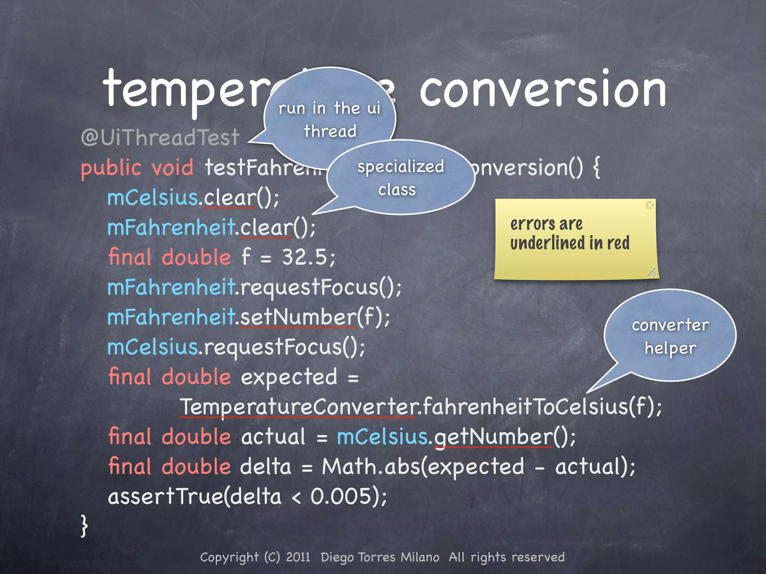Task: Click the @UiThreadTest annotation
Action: (160, 138)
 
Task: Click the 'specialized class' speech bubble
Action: (400, 178)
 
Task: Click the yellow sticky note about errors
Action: (576, 239)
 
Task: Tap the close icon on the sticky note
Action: (650, 205)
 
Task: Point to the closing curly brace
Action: (85, 525)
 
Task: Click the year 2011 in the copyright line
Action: (298, 557)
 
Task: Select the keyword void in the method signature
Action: (172, 167)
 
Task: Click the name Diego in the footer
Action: (337, 557)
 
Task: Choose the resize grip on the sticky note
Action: (652, 273)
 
